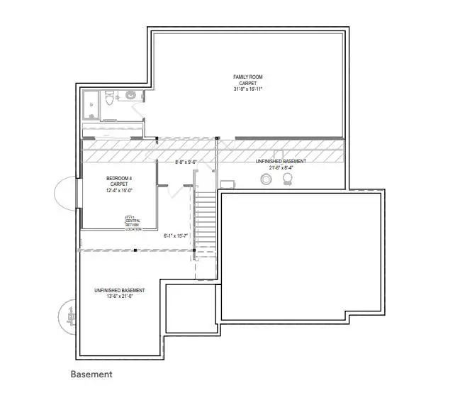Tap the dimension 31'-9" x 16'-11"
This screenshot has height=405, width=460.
click(x=247, y=89)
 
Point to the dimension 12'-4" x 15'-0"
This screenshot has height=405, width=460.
click(x=119, y=190)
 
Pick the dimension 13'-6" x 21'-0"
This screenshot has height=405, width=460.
click(x=119, y=297)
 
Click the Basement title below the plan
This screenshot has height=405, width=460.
click(x=91, y=374)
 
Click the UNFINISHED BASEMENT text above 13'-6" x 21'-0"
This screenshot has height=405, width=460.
click(x=119, y=291)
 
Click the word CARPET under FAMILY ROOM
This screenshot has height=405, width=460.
click(x=247, y=82)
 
